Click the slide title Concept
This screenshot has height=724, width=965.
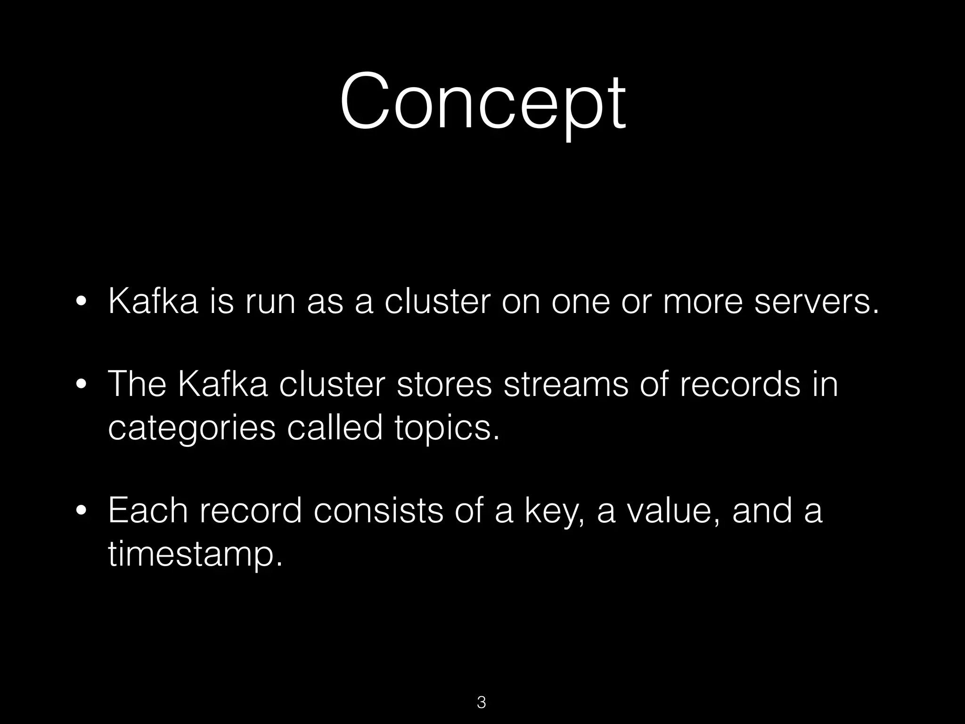tap(482, 101)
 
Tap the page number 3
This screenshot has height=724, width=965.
tap(482, 702)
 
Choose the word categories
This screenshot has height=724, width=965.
tap(191, 428)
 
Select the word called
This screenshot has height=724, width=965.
tap(335, 427)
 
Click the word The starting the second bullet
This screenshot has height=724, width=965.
tap(137, 384)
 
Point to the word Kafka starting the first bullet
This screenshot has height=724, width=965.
tap(153, 302)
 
